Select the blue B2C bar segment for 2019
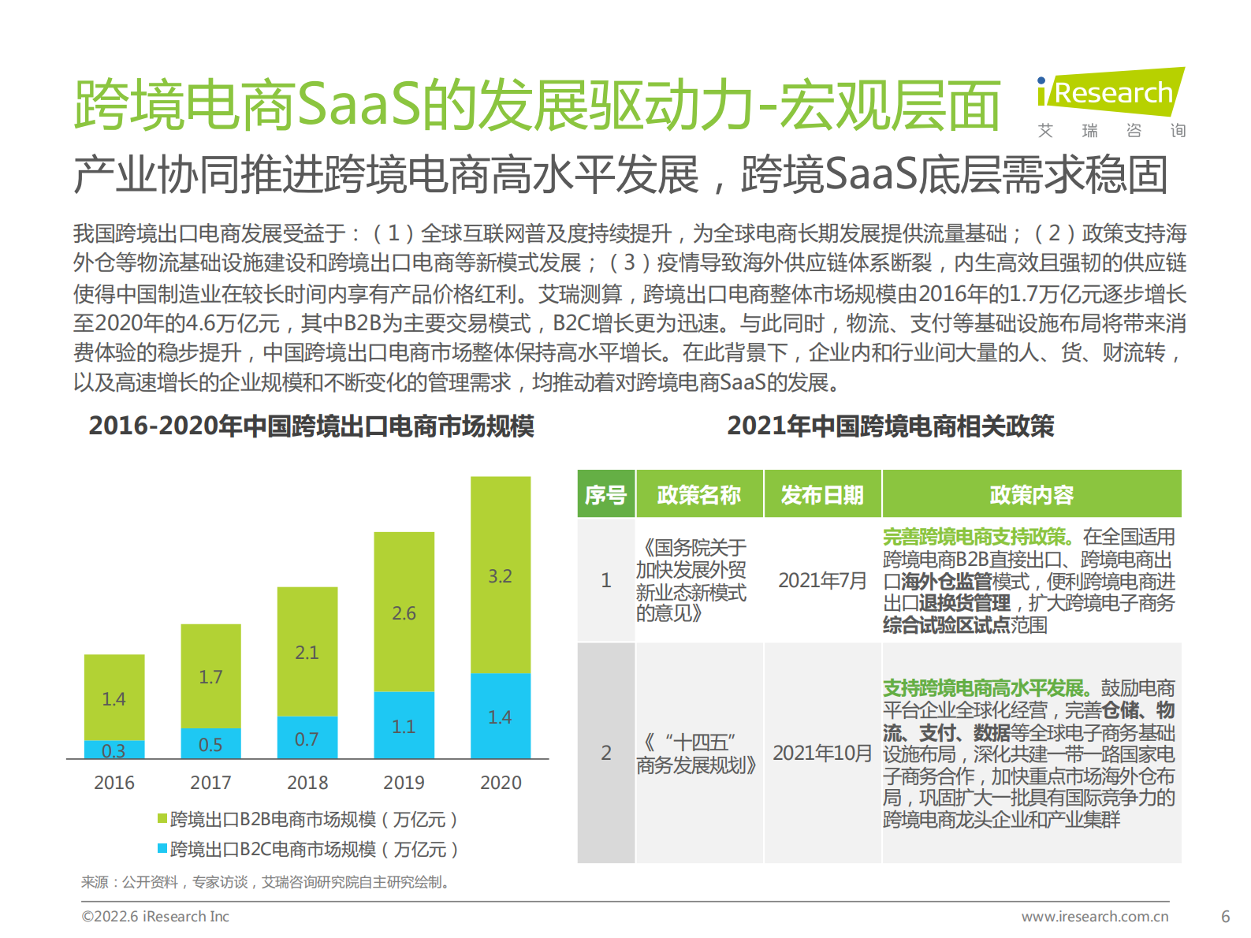point(404,725)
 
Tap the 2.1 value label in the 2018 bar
point(307,653)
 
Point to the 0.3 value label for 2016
point(114,750)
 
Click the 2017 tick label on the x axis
point(210,783)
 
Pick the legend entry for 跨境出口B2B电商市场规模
point(307,820)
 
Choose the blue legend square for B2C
point(162,849)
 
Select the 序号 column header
point(605,495)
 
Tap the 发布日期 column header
point(822,495)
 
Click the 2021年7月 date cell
point(822,581)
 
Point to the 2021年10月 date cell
point(822,753)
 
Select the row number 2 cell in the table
point(605,753)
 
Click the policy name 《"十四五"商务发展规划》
point(697,754)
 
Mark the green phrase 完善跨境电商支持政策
point(977,537)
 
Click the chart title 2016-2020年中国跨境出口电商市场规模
point(311,426)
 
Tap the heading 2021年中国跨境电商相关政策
point(890,426)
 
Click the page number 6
point(1225,917)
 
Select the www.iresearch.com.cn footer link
point(1095,917)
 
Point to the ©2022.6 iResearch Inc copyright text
point(155,917)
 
